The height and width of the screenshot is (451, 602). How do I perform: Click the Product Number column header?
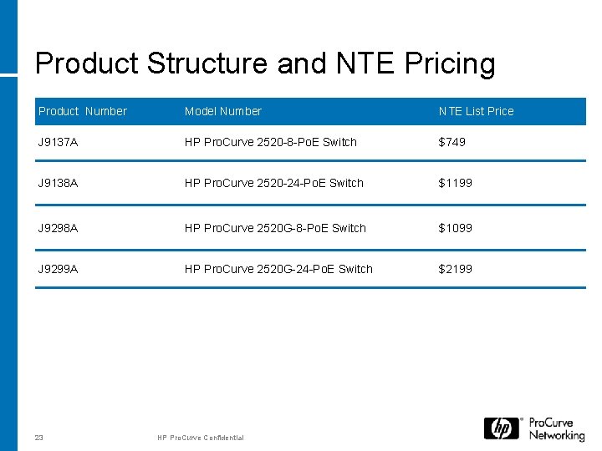tap(83, 111)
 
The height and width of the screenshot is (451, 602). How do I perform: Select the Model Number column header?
tap(222, 111)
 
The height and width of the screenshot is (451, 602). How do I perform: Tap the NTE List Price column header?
tap(476, 111)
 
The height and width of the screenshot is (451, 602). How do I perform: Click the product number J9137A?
tap(58, 142)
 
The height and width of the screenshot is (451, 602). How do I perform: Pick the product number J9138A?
tap(58, 183)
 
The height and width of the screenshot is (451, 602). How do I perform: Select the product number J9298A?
tap(58, 228)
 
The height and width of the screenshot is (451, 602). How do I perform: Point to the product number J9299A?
tap(58, 269)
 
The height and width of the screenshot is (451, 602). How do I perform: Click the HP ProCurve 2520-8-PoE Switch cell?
tap(270, 142)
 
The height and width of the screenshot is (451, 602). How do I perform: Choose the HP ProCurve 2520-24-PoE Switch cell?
tap(273, 183)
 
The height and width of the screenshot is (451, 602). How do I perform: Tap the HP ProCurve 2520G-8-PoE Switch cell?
tap(275, 228)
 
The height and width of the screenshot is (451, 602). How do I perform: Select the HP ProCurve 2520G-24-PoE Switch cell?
tap(278, 269)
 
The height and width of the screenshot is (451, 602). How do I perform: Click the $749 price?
tap(452, 142)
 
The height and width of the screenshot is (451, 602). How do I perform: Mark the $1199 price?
tap(456, 183)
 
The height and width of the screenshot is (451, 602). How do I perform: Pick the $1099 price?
tap(456, 228)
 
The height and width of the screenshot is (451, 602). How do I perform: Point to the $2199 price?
tap(456, 269)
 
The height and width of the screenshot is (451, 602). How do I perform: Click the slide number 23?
tap(39, 437)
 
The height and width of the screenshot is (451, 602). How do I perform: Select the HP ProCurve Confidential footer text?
tap(201, 438)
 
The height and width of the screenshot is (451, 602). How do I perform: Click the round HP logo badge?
tap(502, 428)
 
